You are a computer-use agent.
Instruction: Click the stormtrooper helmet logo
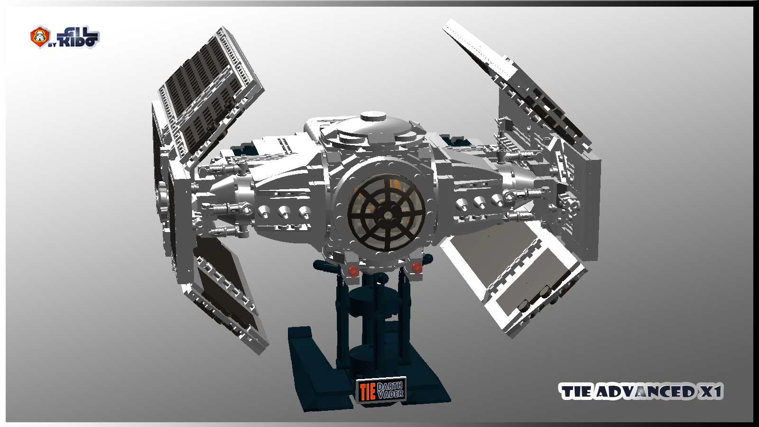(40, 37)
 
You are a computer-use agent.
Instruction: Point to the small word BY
(52, 45)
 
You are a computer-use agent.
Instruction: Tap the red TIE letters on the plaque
(367, 392)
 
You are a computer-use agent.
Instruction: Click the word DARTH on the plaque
(389, 386)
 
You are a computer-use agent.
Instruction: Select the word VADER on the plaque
(390, 394)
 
